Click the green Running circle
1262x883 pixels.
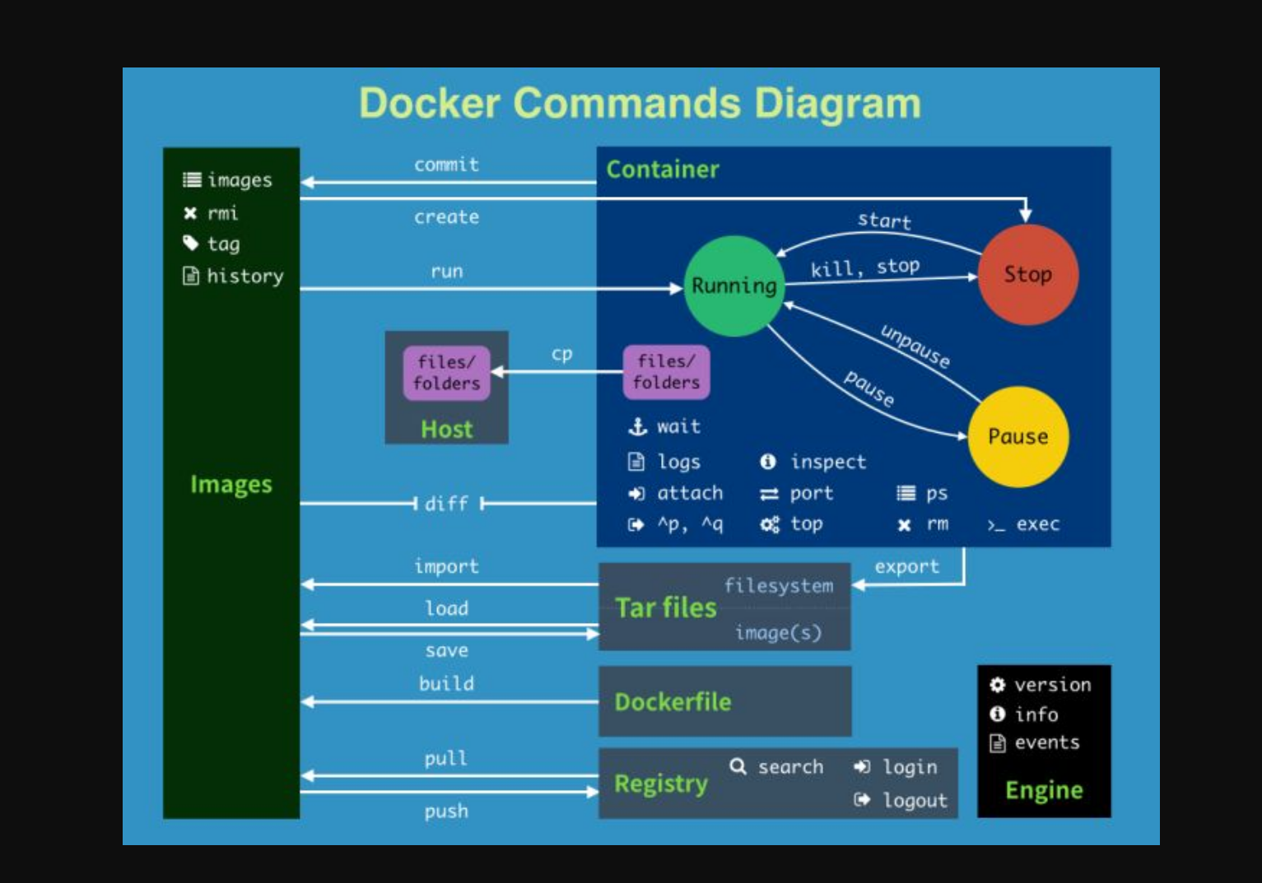(x=733, y=286)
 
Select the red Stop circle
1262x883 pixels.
(x=1027, y=274)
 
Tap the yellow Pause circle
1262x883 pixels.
(x=1018, y=436)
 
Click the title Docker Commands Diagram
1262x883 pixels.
(x=640, y=104)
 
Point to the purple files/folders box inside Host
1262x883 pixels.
(x=446, y=373)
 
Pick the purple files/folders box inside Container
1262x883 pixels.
(x=666, y=372)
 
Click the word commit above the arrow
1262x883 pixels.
(x=446, y=165)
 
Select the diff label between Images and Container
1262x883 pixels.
(x=446, y=504)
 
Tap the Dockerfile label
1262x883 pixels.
(x=673, y=702)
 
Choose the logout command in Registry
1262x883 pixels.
(x=915, y=801)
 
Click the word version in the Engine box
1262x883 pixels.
(x=1052, y=685)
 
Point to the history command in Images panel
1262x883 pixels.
(x=244, y=277)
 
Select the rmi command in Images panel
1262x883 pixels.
(x=222, y=213)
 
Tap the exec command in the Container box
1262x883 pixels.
(x=1037, y=524)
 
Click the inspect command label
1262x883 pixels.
(x=828, y=462)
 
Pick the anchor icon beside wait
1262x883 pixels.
(x=637, y=426)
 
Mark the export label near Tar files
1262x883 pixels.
(x=906, y=567)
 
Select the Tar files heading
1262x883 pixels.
(x=666, y=607)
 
